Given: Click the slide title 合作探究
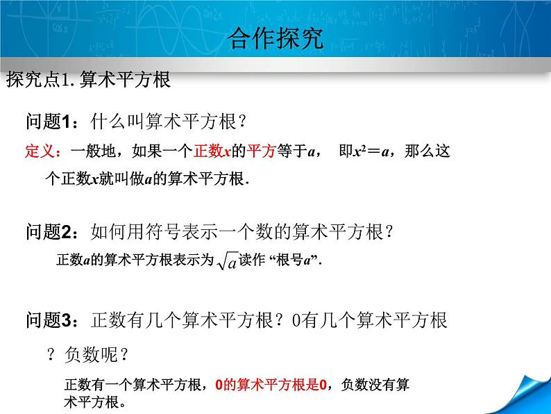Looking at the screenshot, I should click(275, 40).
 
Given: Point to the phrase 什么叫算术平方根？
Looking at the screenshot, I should click(170, 122).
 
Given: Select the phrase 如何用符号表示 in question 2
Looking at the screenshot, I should click(151, 231).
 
